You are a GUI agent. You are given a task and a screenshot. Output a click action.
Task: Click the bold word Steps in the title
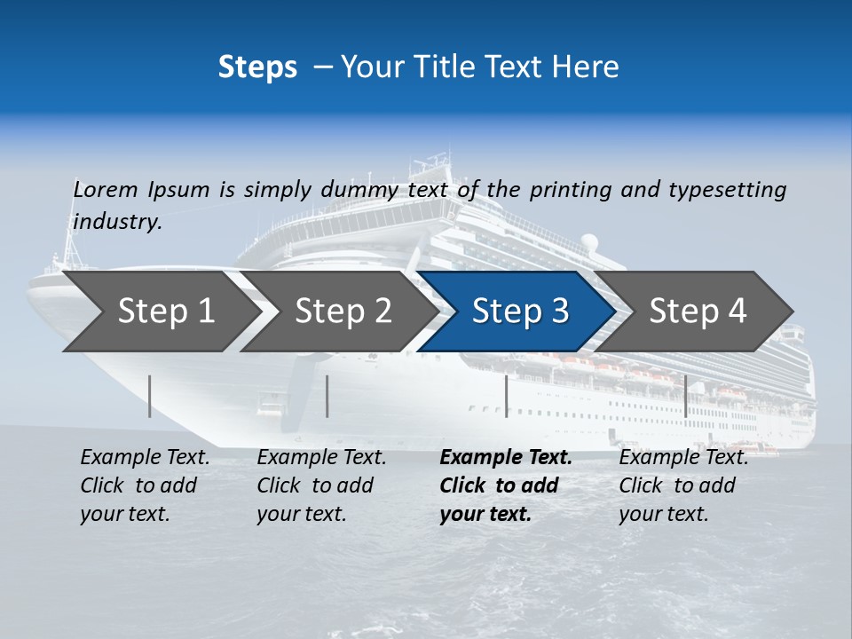point(257,67)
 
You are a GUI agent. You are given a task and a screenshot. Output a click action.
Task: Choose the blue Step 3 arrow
point(520,312)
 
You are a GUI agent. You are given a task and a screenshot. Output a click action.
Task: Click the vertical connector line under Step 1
point(150,396)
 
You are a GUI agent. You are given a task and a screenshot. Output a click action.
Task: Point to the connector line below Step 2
point(327,396)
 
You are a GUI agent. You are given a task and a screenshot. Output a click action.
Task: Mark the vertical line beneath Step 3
point(507,396)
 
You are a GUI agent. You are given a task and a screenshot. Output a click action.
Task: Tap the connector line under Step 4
point(686,396)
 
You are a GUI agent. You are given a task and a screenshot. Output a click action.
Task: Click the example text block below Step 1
point(145,485)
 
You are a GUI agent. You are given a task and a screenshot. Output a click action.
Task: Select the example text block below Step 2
point(321,485)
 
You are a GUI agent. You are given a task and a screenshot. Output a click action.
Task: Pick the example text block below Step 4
point(683,485)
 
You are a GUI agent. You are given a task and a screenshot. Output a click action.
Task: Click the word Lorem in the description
point(106,189)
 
